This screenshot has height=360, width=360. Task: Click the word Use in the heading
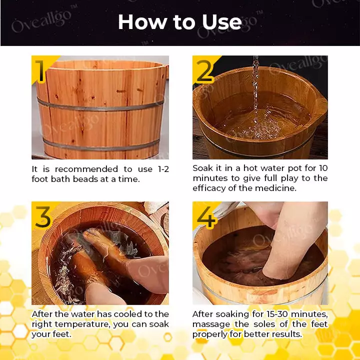coord(222,22)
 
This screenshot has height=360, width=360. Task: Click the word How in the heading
coord(143,22)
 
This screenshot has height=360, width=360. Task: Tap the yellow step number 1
coord(41,71)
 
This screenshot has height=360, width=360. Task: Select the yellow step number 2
coord(204,71)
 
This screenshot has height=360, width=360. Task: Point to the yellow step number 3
coord(42,217)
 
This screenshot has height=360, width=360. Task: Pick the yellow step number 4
coord(206,217)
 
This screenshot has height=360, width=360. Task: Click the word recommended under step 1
coord(86,169)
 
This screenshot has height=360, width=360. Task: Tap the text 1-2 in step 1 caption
coord(163,169)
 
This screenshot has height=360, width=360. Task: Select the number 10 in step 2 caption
coord(323,168)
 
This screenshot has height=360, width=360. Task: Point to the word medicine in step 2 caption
coord(275,188)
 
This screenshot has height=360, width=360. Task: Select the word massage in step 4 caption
coord(211,324)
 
